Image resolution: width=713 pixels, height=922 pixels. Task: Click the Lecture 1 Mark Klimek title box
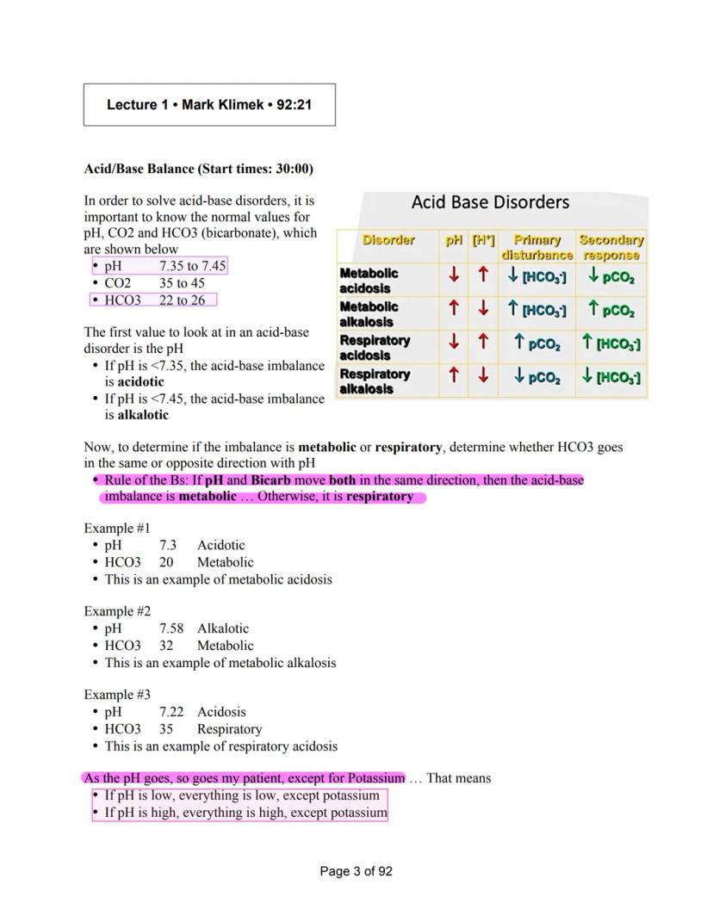pos(209,105)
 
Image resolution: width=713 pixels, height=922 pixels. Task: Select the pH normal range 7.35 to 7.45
pos(192,266)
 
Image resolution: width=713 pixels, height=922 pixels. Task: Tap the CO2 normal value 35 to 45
pos(182,282)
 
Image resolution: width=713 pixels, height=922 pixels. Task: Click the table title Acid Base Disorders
pos(490,202)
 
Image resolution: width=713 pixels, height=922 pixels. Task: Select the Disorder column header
pos(388,240)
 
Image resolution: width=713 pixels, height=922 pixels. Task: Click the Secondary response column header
pos(611,247)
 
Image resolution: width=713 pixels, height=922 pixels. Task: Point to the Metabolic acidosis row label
pos(369,280)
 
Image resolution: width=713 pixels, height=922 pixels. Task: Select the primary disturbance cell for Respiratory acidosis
pos(537,343)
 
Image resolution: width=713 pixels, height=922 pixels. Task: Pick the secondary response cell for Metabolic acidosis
pos(611,276)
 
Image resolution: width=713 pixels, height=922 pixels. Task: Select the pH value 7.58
pos(171,628)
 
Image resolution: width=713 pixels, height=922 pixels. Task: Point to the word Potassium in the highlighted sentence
pos(372,778)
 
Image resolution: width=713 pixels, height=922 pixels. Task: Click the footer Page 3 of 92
pos(356,871)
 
